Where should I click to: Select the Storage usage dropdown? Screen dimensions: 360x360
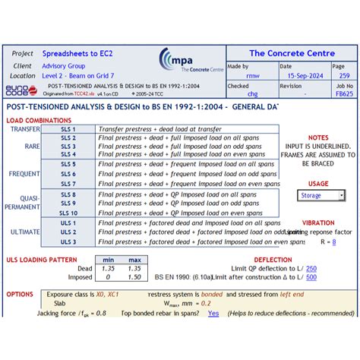click(321, 195)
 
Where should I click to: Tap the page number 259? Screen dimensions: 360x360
click(344, 76)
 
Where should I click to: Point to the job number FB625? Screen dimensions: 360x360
click(344, 96)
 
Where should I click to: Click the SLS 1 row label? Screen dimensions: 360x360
click(68, 129)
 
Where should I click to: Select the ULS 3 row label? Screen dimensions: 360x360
click(68, 242)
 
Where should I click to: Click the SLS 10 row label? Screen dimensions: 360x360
click(68, 213)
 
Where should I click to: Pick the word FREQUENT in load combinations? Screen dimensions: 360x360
click(24, 174)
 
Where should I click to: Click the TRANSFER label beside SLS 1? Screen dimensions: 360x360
click(25, 129)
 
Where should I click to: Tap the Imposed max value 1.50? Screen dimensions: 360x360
click(134, 277)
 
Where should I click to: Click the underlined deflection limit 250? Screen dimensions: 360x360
click(311, 268)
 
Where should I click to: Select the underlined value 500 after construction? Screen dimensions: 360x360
click(311, 277)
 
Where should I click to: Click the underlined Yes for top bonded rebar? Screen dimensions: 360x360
click(213, 313)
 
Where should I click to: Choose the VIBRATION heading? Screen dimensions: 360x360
click(318, 223)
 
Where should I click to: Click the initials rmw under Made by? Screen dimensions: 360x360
click(253, 76)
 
